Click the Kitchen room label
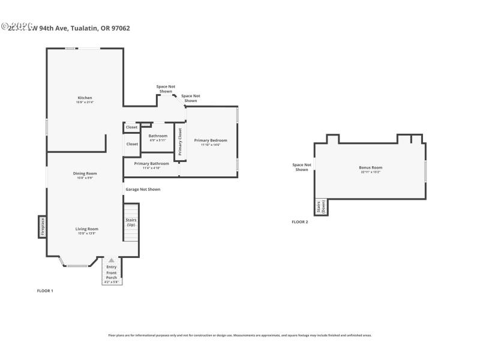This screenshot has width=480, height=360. coord(85,98)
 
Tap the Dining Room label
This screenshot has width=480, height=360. coord(85,173)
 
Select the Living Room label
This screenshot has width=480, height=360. coord(86,229)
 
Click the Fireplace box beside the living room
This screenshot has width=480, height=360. coord(43,227)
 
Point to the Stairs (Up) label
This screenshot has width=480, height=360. coord(131,222)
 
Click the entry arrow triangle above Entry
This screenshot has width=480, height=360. coord(111,260)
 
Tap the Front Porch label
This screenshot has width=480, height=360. coord(112,275)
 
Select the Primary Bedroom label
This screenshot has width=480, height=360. coord(211,140)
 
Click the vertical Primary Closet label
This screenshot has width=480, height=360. coord(180,142)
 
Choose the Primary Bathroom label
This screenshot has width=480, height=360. coord(151,164)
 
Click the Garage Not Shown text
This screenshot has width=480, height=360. coord(143,189)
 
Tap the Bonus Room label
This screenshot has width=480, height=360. coord(370,167)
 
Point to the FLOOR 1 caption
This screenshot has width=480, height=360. coord(46,290)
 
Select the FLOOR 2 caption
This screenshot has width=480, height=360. coord(299,222)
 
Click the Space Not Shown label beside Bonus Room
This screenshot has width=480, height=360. coord(302,167)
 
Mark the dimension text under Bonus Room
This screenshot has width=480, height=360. coord(370,173)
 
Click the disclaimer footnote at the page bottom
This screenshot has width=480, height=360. coord(239,335)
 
